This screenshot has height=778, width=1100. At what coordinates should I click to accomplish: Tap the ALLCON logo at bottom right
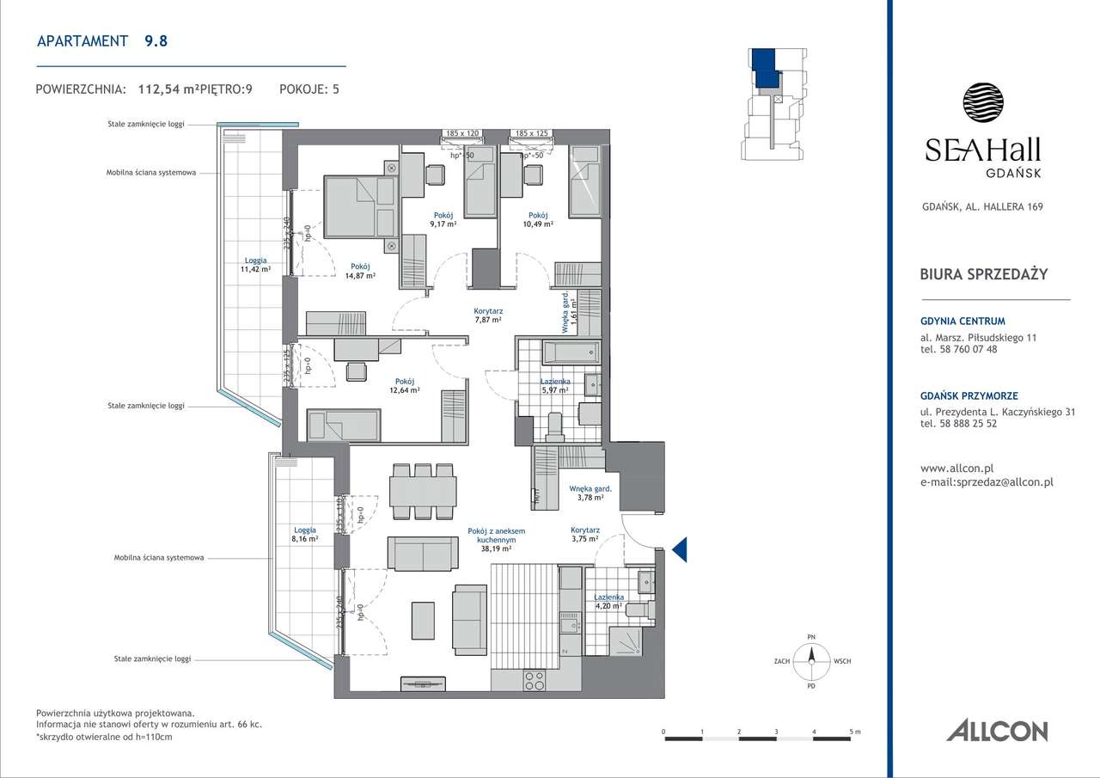(997, 731)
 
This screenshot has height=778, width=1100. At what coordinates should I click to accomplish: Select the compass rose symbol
(810, 662)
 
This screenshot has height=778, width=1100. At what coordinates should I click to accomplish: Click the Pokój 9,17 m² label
(443, 219)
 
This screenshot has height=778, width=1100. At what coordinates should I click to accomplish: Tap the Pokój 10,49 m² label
(539, 219)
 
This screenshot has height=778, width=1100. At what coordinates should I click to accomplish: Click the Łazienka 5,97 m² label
(554, 385)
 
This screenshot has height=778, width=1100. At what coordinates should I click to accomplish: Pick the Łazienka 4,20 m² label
(608, 600)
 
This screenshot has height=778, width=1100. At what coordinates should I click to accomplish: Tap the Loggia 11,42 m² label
(255, 264)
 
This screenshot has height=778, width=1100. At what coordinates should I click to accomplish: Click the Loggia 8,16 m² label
(304, 535)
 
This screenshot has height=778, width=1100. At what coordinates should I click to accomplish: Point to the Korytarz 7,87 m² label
(488, 315)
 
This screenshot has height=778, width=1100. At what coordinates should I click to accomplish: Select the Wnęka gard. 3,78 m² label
(589, 493)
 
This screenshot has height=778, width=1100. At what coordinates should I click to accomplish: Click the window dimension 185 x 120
(461, 134)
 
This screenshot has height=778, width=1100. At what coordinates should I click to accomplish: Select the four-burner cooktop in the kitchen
(534, 680)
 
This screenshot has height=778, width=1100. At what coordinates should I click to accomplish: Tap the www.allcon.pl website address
(956, 469)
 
